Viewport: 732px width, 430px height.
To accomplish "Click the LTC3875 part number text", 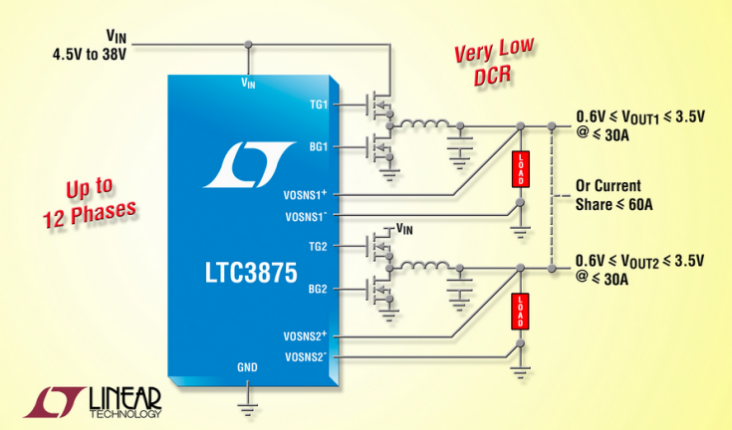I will [250, 272].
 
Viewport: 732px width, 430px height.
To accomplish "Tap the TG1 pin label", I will [318, 105].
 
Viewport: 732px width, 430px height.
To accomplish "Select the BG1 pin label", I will [318, 146].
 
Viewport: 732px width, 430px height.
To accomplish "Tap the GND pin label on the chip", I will [247, 367].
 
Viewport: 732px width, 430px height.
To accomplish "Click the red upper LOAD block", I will [521, 169].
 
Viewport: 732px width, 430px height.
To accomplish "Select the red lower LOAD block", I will [521, 311].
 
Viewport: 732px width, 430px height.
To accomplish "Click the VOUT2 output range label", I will [637, 269].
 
